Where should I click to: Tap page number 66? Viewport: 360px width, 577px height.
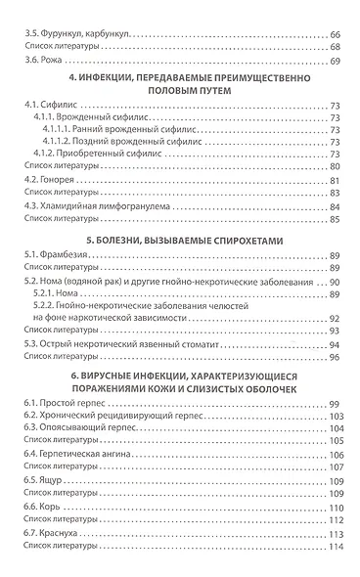click(x=333, y=33)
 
